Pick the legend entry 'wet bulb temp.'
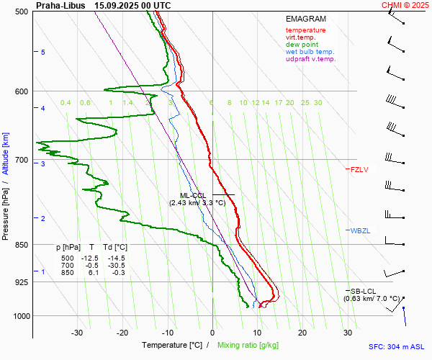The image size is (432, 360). pyautogui.click(x=310, y=52)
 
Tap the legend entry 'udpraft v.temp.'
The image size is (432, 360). pyautogui.click(x=310, y=59)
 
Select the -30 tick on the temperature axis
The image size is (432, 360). pyautogui.click(x=78, y=333)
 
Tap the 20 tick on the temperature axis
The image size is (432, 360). pyautogui.click(x=302, y=333)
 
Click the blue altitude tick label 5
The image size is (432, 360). pyautogui.click(x=43, y=53)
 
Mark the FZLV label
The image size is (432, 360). pyautogui.click(x=359, y=170)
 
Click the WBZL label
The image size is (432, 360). pyautogui.click(x=359, y=230)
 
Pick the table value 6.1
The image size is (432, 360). pyautogui.click(x=91, y=273)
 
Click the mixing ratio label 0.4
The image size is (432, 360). pyautogui.click(x=66, y=103)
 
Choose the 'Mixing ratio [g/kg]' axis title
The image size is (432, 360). pyautogui.click(x=249, y=346)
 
